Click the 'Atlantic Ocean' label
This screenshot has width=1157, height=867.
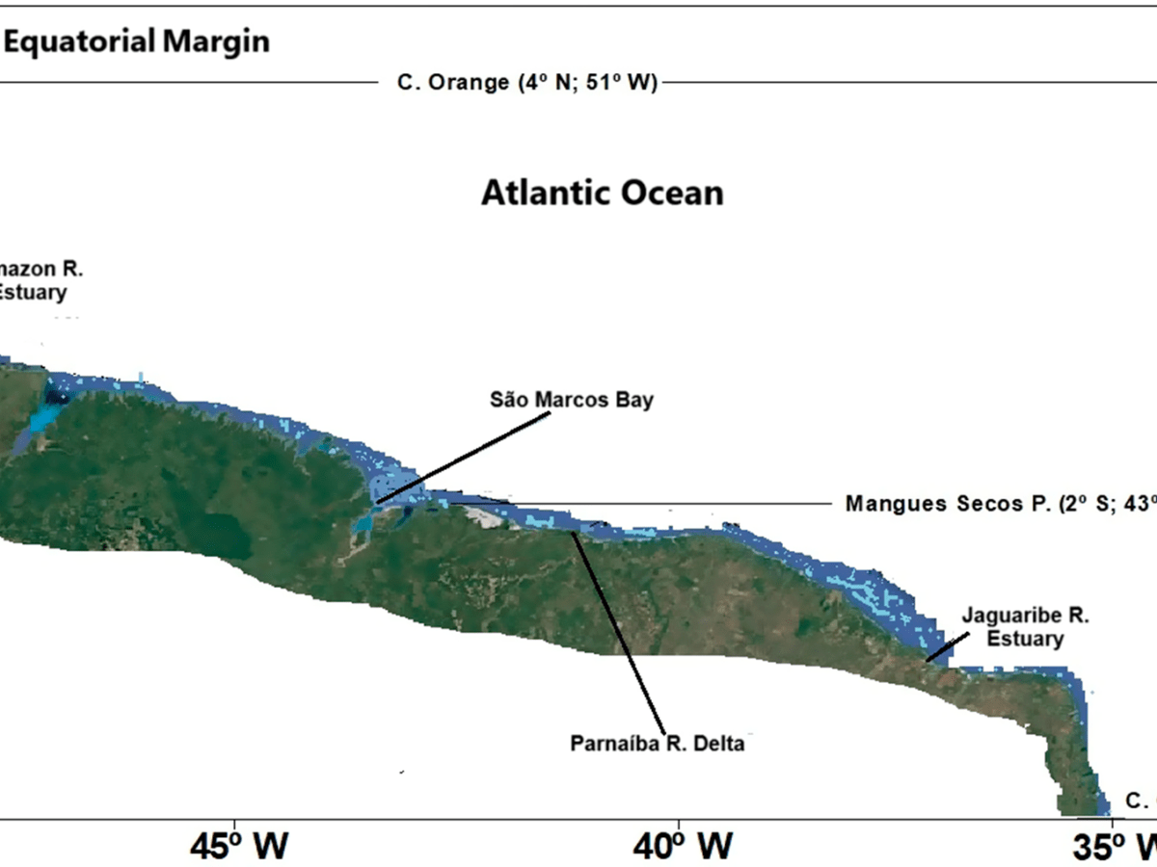point(602,193)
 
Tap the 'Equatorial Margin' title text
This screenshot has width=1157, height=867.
point(135,41)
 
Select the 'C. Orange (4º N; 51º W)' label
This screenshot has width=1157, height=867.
point(526,83)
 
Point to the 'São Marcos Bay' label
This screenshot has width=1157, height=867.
point(571,399)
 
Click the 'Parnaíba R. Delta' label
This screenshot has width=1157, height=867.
point(658,744)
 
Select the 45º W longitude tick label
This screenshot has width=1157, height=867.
point(238,845)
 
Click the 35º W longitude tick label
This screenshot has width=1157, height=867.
point(1115,845)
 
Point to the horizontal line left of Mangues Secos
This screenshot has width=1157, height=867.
point(675,504)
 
